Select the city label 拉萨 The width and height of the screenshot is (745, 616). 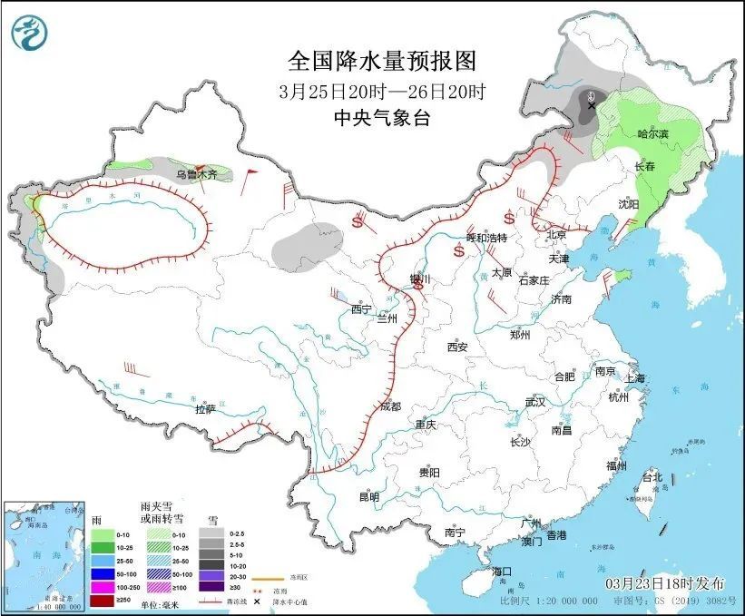coord(205,409)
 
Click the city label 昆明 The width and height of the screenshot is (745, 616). coord(368,497)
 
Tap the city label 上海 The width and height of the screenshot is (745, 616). coord(632,378)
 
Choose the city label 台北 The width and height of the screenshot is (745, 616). coord(652,477)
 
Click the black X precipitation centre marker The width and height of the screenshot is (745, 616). coord(592,106)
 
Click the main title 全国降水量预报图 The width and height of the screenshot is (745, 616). coord(381,61)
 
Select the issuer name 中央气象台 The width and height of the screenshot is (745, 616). coord(381,117)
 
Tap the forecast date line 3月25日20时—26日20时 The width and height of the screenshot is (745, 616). coord(381,91)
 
